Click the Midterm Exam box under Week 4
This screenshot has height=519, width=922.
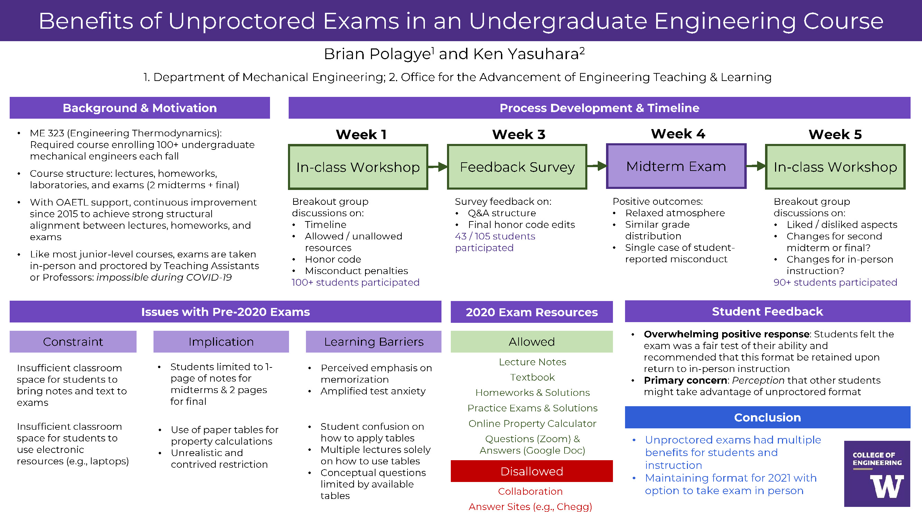tap(676, 166)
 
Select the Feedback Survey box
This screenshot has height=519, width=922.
tap(517, 167)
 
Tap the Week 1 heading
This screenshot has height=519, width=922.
tap(361, 134)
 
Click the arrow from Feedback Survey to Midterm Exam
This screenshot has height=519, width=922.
tap(597, 166)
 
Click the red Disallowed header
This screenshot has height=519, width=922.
tap(531, 471)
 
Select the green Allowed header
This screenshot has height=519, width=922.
tap(531, 342)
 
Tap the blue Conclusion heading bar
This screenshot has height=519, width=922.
tap(767, 417)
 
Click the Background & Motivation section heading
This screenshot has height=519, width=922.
tap(140, 108)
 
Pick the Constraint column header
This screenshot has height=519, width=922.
tap(73, 342)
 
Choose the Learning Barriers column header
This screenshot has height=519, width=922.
tap(373, 342)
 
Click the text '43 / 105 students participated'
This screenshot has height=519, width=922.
tap(495, 242)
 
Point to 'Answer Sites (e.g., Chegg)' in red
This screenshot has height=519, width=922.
tap(530, 507)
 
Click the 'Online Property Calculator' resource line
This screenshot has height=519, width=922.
tap(532, 424)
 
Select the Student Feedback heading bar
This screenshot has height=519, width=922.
tap(767, 311)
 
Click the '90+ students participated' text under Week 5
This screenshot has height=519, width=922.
tap(835, 282)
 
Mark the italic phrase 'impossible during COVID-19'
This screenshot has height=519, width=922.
tap(164, 277)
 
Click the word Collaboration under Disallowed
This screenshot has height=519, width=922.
tap(530, 491)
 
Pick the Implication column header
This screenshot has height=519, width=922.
tap(221, 342)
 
